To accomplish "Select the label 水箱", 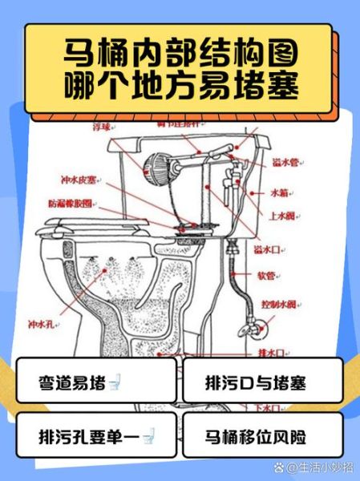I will coord(278,193).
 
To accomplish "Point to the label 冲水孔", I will coord(39,325).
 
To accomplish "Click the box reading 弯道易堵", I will coord(95,381).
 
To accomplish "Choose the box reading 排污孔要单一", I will coord(95,436).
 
